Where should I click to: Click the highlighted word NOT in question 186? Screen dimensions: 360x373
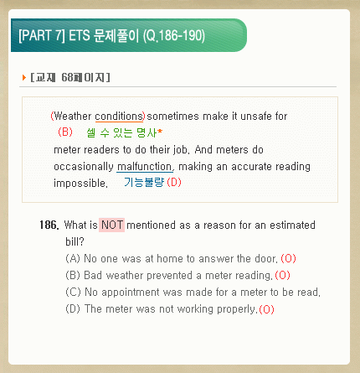click(x=111, y=225)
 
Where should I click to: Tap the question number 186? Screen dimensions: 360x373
click(x=49, y=225)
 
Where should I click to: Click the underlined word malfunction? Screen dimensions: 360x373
click(x=145, y=167)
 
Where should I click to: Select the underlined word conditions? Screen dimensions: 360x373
click(x=119, y=117)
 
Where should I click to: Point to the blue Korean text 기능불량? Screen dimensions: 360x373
click(x=144, y=183)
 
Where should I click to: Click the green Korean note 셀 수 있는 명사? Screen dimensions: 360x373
click(x=122, y=132)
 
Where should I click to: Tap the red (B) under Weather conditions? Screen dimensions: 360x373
click(x=65, y=132)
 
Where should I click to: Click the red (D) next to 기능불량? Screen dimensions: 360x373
click(x=174, y=183)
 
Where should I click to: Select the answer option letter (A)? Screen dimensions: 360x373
click(x=73, y=258)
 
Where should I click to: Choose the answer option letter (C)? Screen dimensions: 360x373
click(x=73, y=292)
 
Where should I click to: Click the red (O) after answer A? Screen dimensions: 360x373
click(x=288, y=258)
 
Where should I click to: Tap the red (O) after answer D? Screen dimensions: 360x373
click(x=266, y=309)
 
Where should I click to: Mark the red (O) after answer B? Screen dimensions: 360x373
click(x=282, y=275)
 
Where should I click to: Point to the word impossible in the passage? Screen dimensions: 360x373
click(x=80, y=184)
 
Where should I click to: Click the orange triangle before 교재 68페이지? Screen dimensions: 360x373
click(x=24, y=77)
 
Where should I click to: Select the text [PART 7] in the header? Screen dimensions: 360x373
click(x=42, y=36)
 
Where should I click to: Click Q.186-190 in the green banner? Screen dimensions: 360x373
click(x=174, y=36)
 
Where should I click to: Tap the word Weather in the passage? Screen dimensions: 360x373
click(x=73, y=117)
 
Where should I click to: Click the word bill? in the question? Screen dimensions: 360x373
click(x=75, y=241)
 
